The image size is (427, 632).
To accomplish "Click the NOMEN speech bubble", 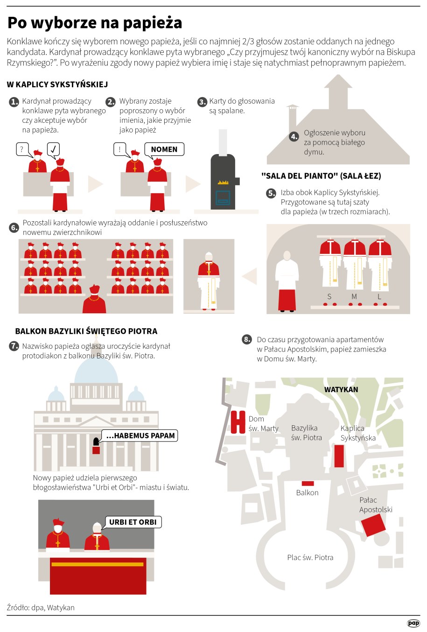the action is (x=164, y=149).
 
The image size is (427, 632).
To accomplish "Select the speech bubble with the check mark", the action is (x=53, y=149).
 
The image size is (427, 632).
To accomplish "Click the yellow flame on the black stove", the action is (x=223, y=182).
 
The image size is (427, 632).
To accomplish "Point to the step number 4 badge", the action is (x=294, y=137).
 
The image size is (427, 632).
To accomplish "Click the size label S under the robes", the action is (x=329, y=296).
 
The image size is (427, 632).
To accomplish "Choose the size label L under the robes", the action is (x=379, y=296).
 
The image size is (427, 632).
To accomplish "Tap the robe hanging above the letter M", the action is (x=355, y=265).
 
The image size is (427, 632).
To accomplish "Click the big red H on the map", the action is (x=238, y=422).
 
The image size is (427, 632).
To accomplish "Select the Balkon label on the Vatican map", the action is (x=307, y=492).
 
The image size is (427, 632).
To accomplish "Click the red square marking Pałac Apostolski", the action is (x=373, y=525).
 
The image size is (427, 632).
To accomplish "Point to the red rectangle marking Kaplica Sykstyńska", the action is (x=339, y=456).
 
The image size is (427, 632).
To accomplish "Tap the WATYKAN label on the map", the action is (x=341, y=389).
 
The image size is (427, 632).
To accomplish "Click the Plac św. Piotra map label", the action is (x=310, y=557).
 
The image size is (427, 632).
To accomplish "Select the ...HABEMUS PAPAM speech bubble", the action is (x=140, y=435).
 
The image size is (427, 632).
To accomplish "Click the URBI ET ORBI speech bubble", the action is (x=133, y=522).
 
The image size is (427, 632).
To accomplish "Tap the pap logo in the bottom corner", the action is (x=413, y=623).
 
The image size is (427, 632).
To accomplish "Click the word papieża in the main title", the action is (x=152, y=23).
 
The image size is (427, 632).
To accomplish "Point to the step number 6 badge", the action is (x=14, y=227).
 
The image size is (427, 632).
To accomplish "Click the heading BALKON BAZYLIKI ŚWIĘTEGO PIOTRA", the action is (x=86, y=331).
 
